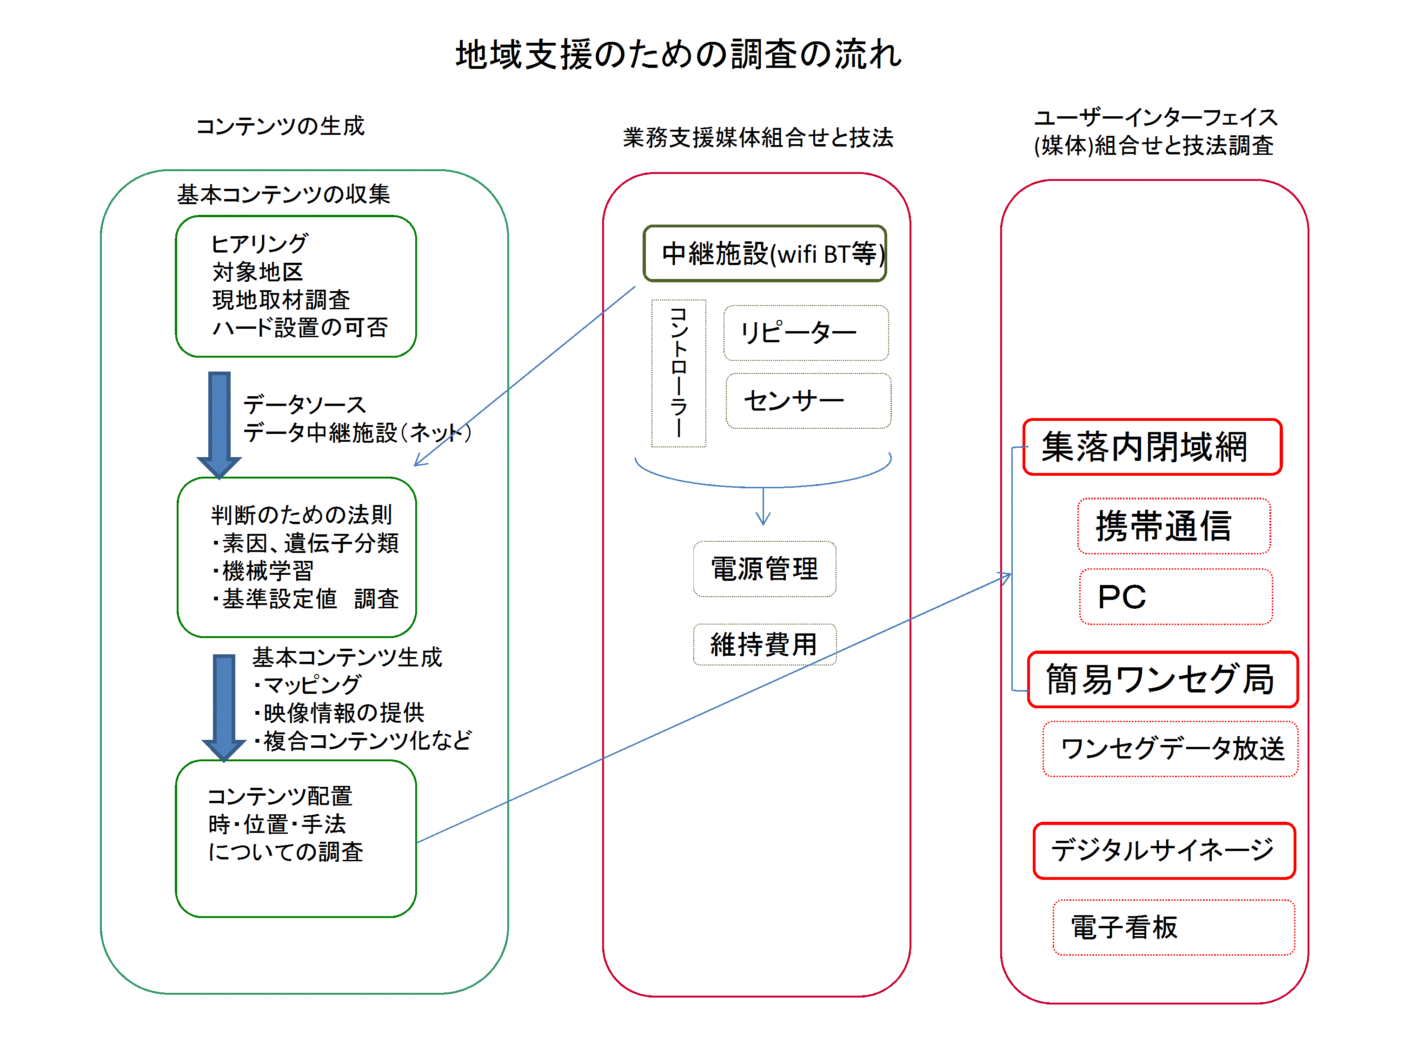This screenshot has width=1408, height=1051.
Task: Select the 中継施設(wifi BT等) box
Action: pyautogui.click(x=764, y=253)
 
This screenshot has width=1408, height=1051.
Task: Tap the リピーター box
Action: pyautogui.click(x=805, y=333)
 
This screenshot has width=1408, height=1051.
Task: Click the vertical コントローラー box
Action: pyautogui.click(x=678, y=373)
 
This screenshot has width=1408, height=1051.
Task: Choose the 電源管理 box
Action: pyautogui.click(x=764, y=569)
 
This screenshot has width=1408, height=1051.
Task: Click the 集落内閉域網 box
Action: pyautogui.click(x=1152, y=446)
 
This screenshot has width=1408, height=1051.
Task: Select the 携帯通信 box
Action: pyautogui.click(x=1173, y=526)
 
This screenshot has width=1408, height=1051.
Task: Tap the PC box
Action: pyautogui.click(x=1175, y=597)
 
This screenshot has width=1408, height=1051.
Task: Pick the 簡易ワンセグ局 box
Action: pyautogui.click(x=1162, y=679)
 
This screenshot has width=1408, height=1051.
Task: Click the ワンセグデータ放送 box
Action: pyautogui.click(x=1170, y=749)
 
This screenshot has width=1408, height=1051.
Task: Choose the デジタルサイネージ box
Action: pyautogui.click(x=1164, y=851)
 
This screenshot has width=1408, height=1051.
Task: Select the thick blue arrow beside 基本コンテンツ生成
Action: pyautogui.click(x=224, y=706)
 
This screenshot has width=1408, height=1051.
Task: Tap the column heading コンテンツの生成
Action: pyautogui.click(x=280, y=126)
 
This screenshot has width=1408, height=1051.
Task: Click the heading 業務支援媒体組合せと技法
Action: pyautogui.click(x=758, y=137)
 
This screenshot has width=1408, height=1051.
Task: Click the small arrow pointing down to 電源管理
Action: pyautogui.click(x=763, y=509)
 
